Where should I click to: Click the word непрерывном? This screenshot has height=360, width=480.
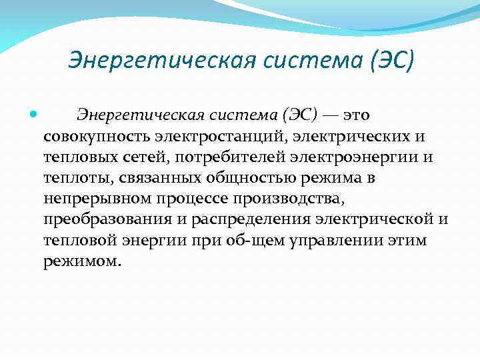(97, 199)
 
